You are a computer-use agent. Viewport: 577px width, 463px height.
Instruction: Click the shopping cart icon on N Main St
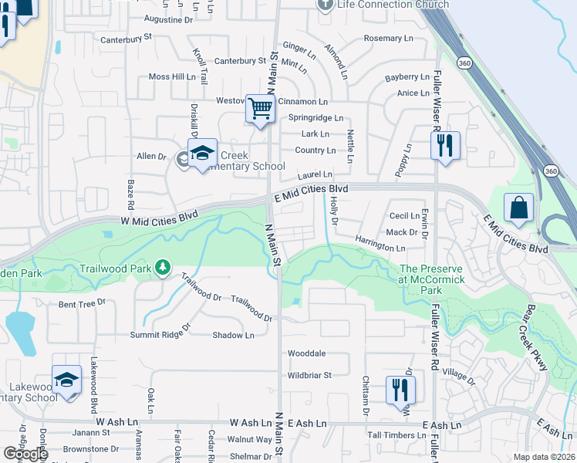click(x=261, y=109)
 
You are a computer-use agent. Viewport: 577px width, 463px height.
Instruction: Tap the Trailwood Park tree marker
click(x=162, y=268)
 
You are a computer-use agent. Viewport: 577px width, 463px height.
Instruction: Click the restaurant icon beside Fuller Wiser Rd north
click(x=444, y=145)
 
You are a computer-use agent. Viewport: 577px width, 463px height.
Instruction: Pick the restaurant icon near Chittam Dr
click(x=400, y=389)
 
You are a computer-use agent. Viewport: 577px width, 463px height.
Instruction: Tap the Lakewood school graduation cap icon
click(x=67, y=381)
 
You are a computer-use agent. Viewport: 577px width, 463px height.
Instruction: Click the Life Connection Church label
click(x=393, y=5)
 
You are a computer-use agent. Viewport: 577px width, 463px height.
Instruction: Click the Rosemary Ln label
click(x=393, y=38)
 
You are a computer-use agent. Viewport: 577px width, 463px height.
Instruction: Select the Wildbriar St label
click(x=309, y=376)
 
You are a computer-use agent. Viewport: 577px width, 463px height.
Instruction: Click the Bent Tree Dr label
click(x=82, y=304)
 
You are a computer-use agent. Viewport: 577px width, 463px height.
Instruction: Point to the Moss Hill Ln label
click(x=172, y=77)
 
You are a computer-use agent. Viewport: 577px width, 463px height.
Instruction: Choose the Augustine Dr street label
click(x=168, y=19)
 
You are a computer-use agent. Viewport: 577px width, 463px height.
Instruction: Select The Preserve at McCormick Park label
click(x=432, y=279)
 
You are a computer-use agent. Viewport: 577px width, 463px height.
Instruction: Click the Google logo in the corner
click(x=25, y=455)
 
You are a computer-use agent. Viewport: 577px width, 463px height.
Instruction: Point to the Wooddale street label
click(x=306, y=353)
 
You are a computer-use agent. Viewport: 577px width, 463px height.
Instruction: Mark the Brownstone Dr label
click(x=91, y=449)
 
